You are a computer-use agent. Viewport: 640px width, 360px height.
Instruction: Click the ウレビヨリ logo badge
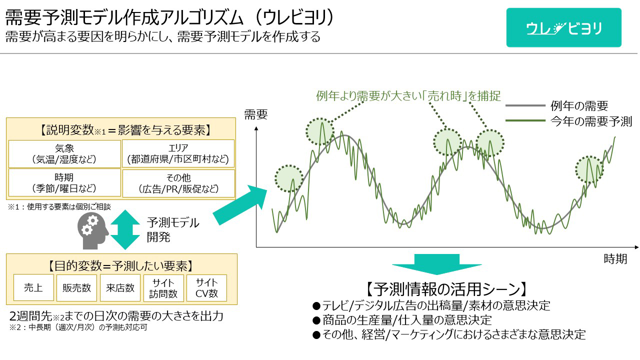tap(563, 27)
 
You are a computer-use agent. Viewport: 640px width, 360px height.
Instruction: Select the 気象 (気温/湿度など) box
tap(64, 153)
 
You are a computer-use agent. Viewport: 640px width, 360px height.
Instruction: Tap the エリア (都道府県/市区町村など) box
tap(178, 153)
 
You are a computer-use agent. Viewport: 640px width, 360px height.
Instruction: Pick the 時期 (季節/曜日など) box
tap(64, 182)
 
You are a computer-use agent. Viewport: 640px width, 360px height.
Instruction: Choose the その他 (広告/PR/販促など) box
tap(178, 183)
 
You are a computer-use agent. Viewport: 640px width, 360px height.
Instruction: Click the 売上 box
tap(33, 287)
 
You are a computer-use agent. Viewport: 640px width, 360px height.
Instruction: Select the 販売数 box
tap(76, 287)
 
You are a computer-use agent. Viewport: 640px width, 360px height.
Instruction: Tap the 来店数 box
tap(120, 287)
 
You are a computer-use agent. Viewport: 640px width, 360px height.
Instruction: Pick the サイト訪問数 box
tap(163, 288)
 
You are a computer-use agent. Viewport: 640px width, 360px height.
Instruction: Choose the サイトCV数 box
tap(206, 288)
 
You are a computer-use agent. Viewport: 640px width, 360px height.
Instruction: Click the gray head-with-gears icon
tap(93, 231)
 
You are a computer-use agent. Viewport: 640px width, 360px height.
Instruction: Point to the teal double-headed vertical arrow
tap(125, 229)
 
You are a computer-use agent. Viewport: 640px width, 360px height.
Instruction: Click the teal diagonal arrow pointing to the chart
tap(240, 205)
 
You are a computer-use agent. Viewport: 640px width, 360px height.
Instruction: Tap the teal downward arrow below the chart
tap(437, 264)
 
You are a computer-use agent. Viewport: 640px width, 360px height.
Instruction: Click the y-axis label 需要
tap(255, 114)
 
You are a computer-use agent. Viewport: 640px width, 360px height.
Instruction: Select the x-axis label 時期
tap(615, 259)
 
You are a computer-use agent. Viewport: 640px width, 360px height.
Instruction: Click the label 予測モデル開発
tap(173, 229)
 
